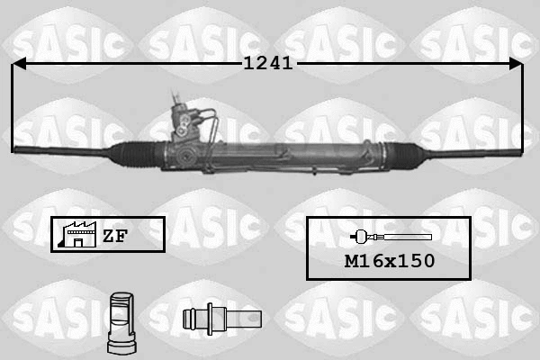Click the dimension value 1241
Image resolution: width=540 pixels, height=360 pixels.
coord(268,64)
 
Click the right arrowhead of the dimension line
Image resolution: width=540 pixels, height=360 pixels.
coord(515,64)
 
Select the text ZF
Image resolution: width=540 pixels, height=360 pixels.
coord(114,236)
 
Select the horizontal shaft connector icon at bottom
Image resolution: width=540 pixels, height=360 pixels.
coord(220,319)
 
